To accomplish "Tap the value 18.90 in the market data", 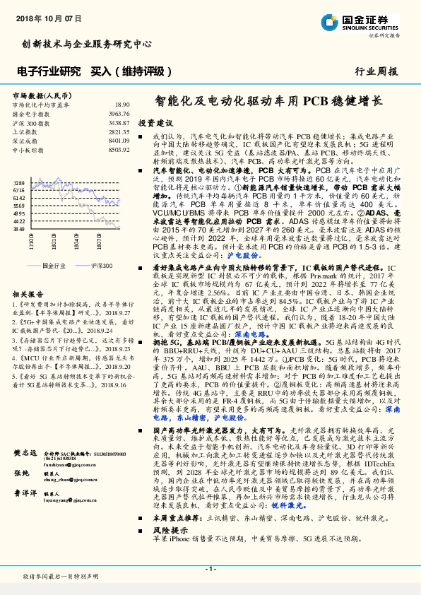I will (121, 104).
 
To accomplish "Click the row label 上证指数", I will (25, 131).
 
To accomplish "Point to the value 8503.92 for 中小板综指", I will (119, 150).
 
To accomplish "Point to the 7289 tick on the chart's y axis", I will (19, 182).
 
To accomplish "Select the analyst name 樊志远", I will (25, 453).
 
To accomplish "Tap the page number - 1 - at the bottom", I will (210, 568).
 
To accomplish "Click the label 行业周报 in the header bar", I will (376, 71).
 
